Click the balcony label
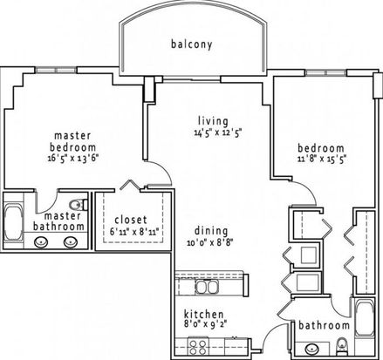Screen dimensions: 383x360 [x=192, y=44]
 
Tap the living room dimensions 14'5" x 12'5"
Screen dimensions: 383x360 [x=218, y=132]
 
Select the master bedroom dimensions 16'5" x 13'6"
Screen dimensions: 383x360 [x=73, y=159]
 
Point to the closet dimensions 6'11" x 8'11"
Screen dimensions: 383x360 [x=134, y=232]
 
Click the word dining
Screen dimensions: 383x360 [x=211, y=231]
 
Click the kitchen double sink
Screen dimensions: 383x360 [x=207, y=287]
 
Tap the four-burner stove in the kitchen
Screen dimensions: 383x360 [x=198, y=347]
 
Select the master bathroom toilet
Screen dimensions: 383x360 [x=79, y=205]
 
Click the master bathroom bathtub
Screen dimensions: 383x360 [x=13, y=222]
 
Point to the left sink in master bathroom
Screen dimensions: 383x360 [x=41, y=242]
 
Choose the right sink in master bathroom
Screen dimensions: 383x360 [x=71, y=242]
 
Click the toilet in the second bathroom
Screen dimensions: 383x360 [x=342, y=346]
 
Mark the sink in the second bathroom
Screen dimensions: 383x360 [x=311, y=349]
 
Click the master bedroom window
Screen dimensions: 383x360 [x=56, y=70]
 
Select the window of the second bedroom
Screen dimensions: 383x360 [x=326, y=72]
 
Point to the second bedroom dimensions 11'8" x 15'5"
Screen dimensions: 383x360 [x=322, y=159]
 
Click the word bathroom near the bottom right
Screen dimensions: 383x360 [x=324, y=325]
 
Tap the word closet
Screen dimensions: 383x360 [x=131, y=220]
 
